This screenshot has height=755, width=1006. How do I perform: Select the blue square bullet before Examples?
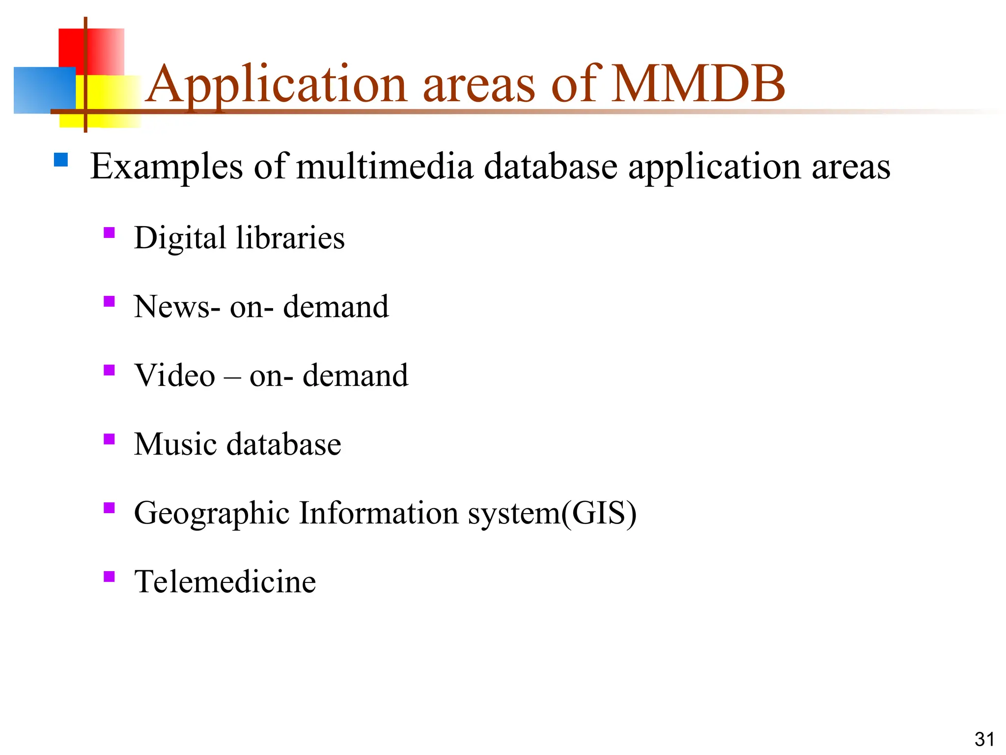(x=61, y=160)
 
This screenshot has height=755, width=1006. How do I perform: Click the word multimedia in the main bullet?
(x=385, y=166)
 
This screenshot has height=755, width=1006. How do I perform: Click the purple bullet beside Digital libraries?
(x=109, y=232)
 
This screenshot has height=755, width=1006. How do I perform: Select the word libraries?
(x=290, y=238)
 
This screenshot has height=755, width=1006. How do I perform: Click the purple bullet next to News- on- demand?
(x=109, y=301)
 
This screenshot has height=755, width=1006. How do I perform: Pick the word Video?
(x=174, y=376)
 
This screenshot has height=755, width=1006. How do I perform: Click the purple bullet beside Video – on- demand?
(x=109, y=370)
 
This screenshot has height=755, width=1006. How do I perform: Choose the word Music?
(x=175, y=444)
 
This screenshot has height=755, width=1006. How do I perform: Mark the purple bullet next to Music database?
(x=109, y=438)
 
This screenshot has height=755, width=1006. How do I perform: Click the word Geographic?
(x=212, y=514)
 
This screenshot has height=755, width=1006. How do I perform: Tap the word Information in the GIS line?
(x=378, y=513)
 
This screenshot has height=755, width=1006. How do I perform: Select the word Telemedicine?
(x=225, y=582)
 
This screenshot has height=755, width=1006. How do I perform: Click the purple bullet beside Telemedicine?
(x=109, y=576)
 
